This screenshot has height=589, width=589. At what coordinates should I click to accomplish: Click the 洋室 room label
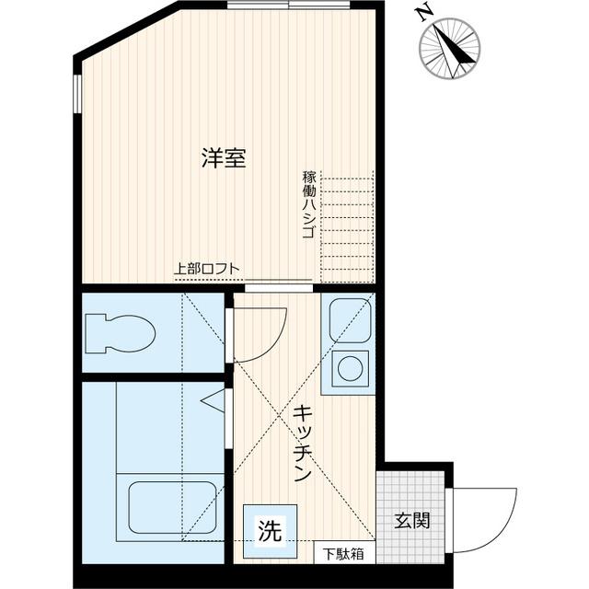(x=224, y=158)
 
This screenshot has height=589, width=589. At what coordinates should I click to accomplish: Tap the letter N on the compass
(x=423, y=13)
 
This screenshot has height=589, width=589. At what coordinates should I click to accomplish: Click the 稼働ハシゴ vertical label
(x=308, y=204)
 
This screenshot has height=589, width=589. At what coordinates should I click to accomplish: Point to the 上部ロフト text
(x=207, y=270)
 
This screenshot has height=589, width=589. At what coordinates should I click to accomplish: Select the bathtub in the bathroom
(x=172, y=505)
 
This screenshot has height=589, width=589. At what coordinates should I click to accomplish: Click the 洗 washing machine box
(x=269, y=530)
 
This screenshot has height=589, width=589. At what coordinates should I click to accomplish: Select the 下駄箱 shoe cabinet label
(x=343, y=554)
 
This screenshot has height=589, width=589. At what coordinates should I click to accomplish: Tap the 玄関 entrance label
(x=412, y=521)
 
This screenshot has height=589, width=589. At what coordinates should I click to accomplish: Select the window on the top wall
(x=289, y=5)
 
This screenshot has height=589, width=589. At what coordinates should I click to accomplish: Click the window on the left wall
(x=77, y=93)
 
